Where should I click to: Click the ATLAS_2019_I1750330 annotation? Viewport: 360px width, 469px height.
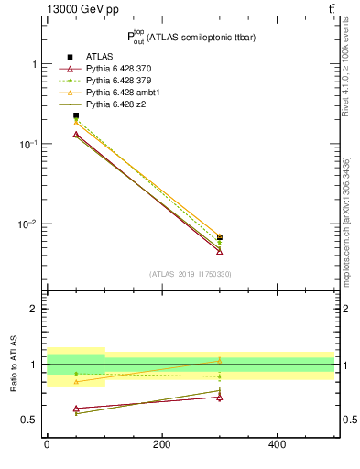tap(191, 274)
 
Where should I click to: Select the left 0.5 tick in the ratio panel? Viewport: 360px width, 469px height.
tap(30, 420)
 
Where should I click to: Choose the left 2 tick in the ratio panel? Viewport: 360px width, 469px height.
tap(34, 309)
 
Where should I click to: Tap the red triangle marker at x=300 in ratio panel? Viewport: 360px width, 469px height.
tap(220, 397)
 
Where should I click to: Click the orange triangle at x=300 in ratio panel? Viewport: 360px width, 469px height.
tap(220, 361)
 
